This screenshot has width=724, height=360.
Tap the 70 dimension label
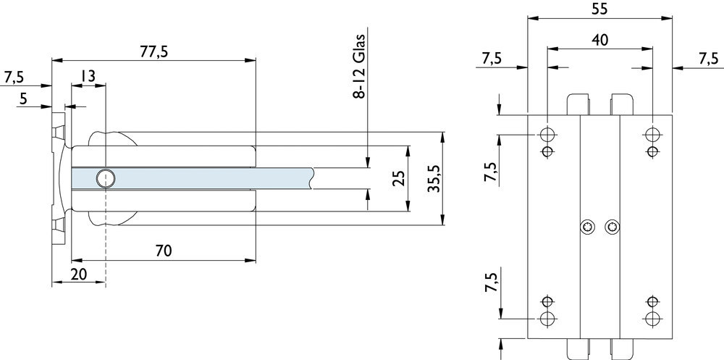point(164,251)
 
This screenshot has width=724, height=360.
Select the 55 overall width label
point(599,9)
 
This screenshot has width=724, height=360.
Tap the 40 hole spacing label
point(599,40)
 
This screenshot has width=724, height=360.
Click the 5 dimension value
point(24,99)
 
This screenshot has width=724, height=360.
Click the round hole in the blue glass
point(106,177)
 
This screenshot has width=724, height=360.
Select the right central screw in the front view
point(613,228)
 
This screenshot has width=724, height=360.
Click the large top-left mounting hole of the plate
point(547,135)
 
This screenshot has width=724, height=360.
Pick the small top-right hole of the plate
point(652,151)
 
